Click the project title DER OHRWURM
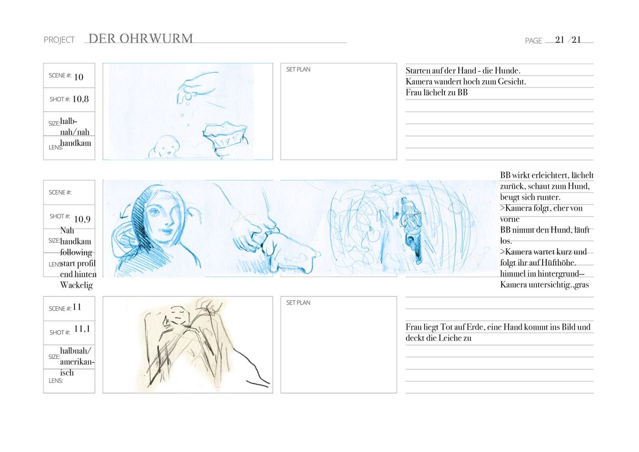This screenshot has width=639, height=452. click(141, 38)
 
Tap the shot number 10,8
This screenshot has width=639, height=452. click(80, 99)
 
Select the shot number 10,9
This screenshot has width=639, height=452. click(82, 219)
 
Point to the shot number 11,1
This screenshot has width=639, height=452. click(82, 329)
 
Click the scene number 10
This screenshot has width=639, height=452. click(79, 77)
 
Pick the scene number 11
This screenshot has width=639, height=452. click(77, 307)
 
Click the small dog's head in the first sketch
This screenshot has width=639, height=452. click(165, 146)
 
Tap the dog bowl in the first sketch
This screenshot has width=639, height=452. click(225, 135)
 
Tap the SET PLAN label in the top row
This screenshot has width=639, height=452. click(298, 70)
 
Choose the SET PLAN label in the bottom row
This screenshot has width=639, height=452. click(298, 303)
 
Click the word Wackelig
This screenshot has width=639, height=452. click(76, 285)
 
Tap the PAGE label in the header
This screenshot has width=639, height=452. click(533, 41)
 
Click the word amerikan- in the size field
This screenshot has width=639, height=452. click(77, 362)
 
